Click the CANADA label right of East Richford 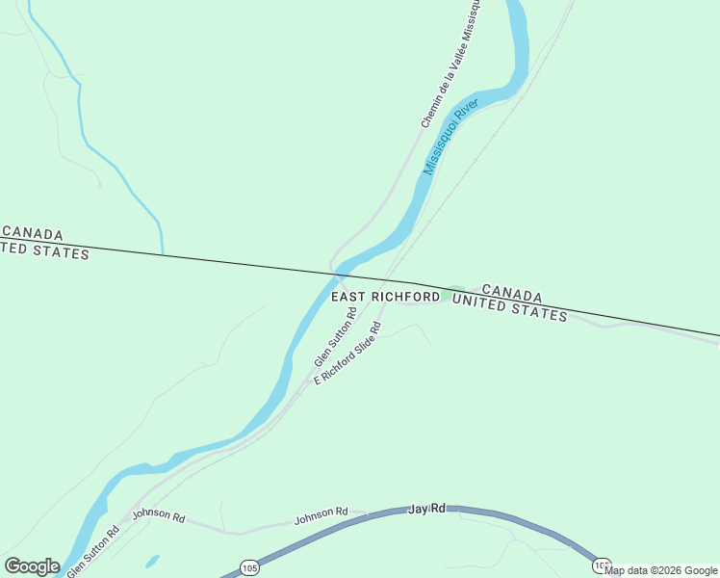[x=511, y=293]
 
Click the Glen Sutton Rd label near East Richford [x=336, y=337]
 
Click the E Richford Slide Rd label [x=349, y=354]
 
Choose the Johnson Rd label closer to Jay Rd [x=321, y=516]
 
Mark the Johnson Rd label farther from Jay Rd [x=158, y=515]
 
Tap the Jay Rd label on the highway [x=427, y=508]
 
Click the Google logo [x=32, y=566]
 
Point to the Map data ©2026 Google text [x=661, y=570]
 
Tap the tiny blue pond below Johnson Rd [x=152, y=560]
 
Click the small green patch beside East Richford [x=453, y=290]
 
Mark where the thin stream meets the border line [x=163, y=255]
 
